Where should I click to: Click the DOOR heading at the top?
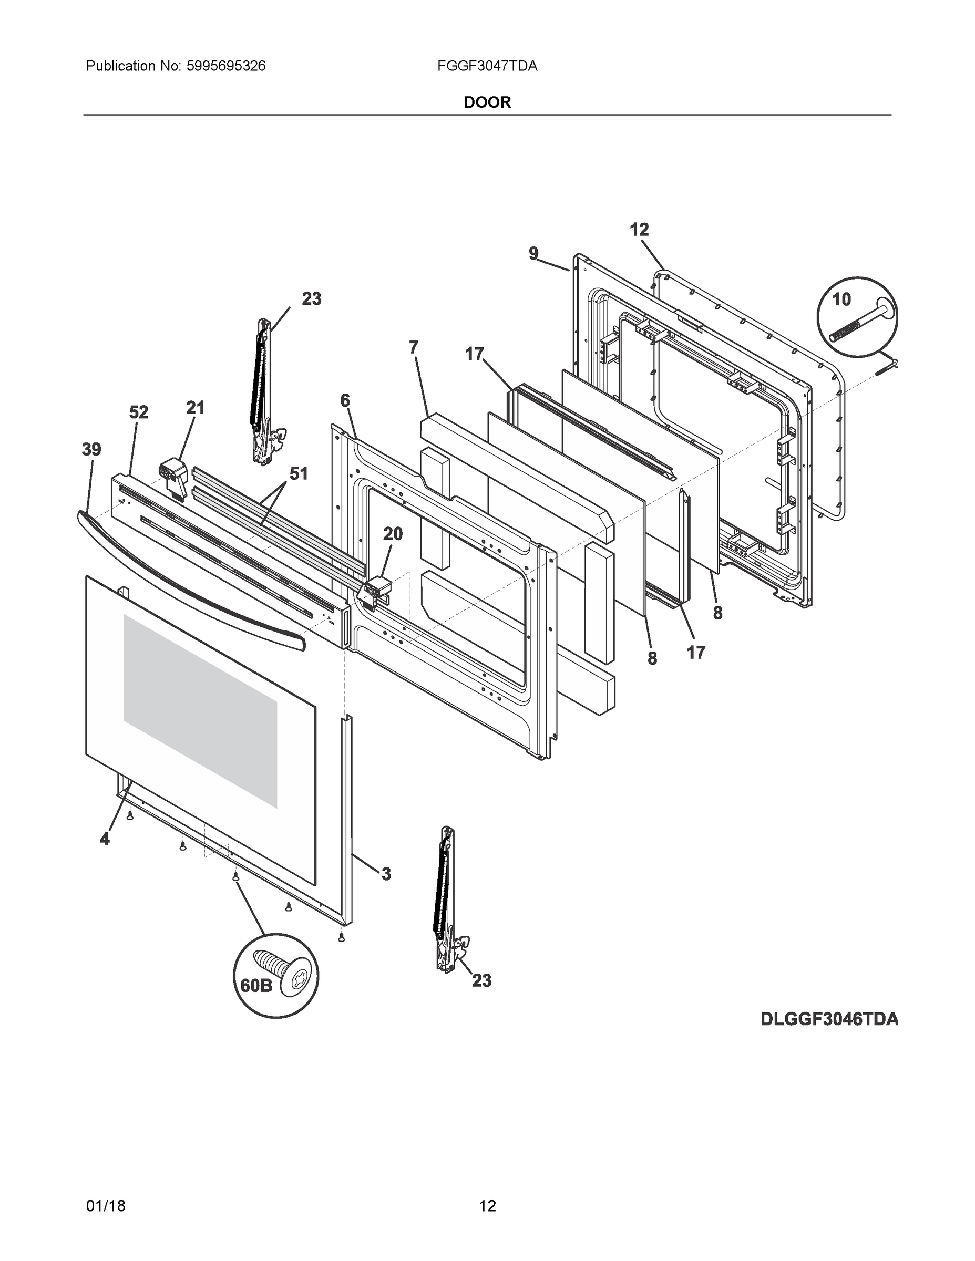pyautogui.click(x=487, y=103)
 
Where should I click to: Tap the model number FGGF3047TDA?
pyautogui.click(x=487, y=66)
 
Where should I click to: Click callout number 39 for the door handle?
pyautogui.click(x=91, y=449)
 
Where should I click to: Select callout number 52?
pyautogui.click(x=138, y=412)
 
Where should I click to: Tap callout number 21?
pyautogui.click(x=195, y=408)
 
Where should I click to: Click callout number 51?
pyautogui.click(x=299, y=474)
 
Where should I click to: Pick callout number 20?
pyautogui.click(x=393, y=534)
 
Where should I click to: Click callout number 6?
pyautogui.click(x=345, y=400)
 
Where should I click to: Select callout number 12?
pyautogui.click(x=639, y=230)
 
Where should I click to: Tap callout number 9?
pyautogui.click(x=533, y=253)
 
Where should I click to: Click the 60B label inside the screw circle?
pyautogui.click(x=256, y=985)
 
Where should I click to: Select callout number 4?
pyautogui.click(x=105, y=839)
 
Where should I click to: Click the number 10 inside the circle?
pyautogui.click(x=841, y=299)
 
